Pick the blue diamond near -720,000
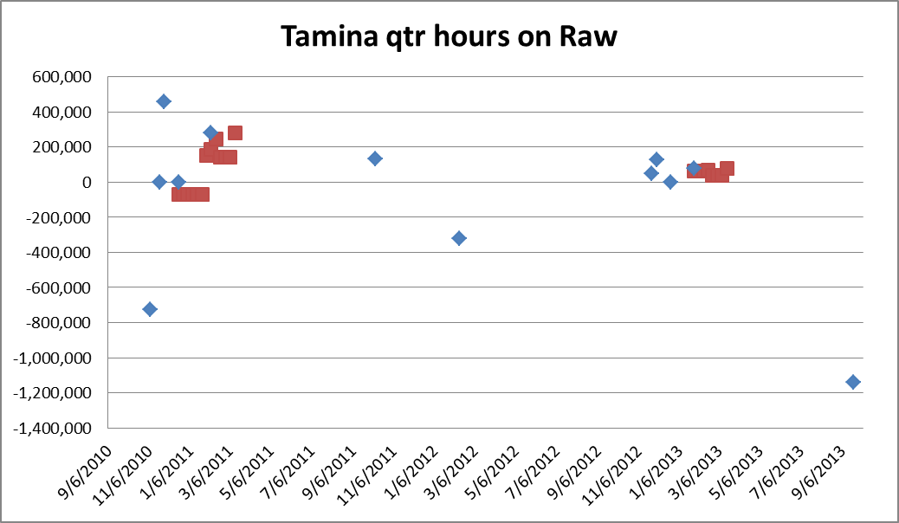point(150,309)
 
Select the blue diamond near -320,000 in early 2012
point(459,238)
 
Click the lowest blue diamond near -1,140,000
point(853,382)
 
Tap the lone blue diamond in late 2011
point(375,158)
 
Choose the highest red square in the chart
point(235,133)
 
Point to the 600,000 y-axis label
point(67,77)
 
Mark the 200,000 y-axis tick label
point(67,147)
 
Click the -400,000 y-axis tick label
point(64,252)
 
